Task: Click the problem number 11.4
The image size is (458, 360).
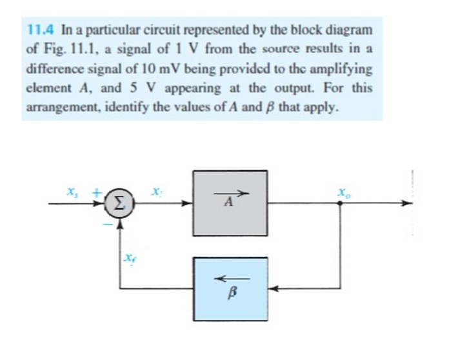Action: click(x=43, y=30)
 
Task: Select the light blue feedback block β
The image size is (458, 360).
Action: click(x=230, y=289)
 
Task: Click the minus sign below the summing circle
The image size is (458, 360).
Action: click(x=108, y=223)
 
